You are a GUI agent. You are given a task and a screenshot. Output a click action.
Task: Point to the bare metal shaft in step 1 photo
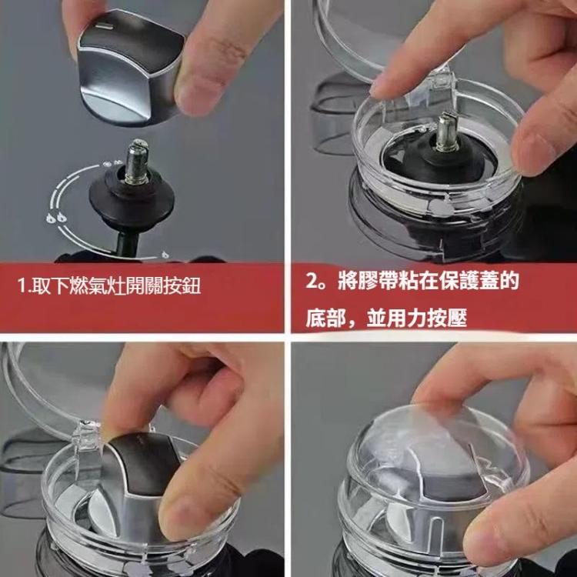point(138,162)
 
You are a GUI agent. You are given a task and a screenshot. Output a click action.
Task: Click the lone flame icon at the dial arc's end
point(166,253)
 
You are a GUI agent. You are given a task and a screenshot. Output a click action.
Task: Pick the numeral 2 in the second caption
point(312,282)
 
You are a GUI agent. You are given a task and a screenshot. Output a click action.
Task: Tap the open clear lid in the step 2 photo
point(354,31)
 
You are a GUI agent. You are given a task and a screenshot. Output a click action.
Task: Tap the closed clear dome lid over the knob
point(431,469)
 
